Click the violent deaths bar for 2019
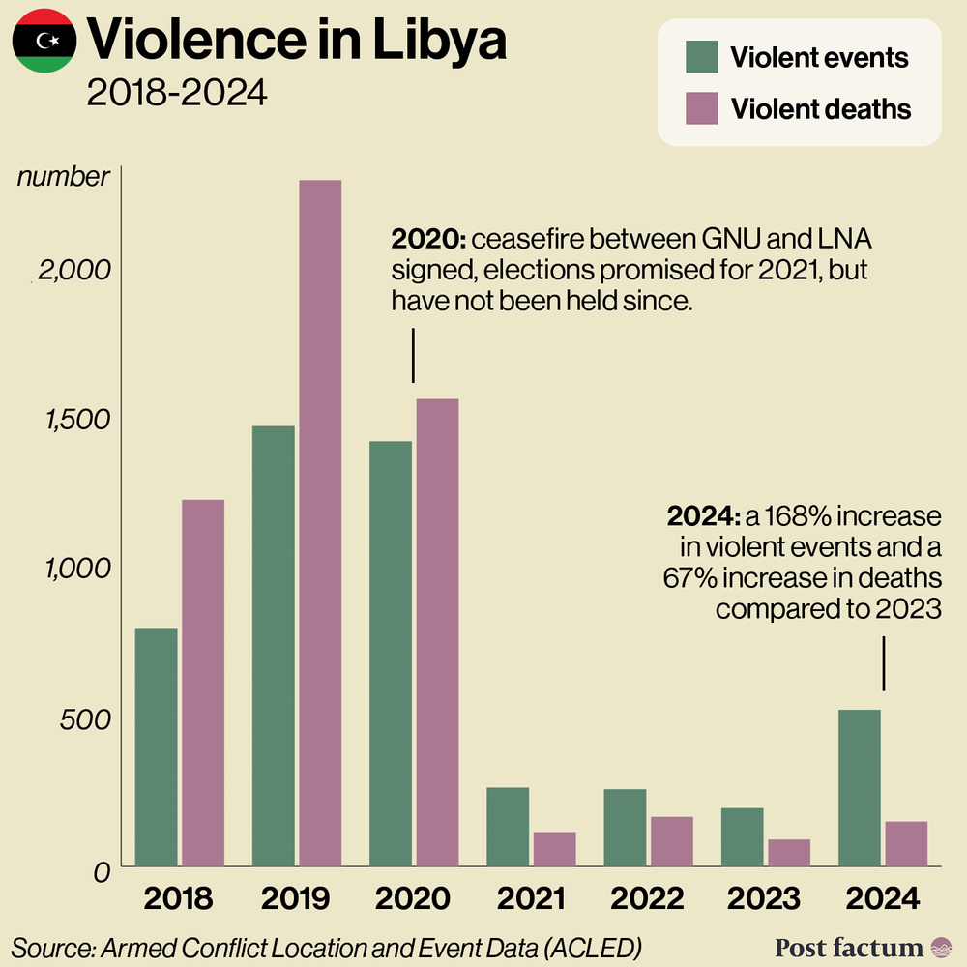point(320,522)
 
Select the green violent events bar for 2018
point(156,747)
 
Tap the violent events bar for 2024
point(860,787)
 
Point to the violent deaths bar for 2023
point(789,852)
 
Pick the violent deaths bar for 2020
point(437,632)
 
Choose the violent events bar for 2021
point(508,826)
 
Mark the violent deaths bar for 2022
point(671,840)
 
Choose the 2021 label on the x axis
point(531,899)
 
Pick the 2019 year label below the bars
point(296,899)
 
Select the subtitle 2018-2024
point(175,94)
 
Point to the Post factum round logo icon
point(940,947)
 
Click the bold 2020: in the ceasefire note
point(428,239)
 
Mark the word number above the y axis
point(64,177)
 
